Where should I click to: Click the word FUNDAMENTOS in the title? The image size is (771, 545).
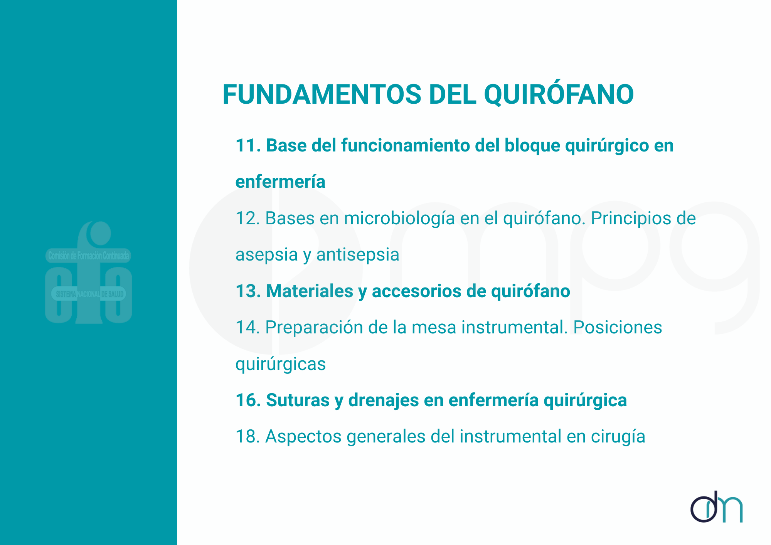pos(322,94)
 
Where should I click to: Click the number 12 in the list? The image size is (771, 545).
pos(248,219)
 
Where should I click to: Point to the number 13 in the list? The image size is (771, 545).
pos(248,291)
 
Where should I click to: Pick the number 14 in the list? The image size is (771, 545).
pos(248,328)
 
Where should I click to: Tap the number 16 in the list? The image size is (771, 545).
pos(248,400)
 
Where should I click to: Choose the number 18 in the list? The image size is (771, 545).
pos(248,437)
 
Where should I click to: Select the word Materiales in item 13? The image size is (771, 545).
pos(310,291)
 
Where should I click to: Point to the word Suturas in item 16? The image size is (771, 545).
pos(298,400)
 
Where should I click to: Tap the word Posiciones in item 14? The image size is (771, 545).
pos(618,328)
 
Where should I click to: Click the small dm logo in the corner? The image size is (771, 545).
pos(716,507)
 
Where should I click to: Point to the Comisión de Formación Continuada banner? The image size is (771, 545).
pos(88,256)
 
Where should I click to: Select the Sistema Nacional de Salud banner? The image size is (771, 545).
pos(89,294)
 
